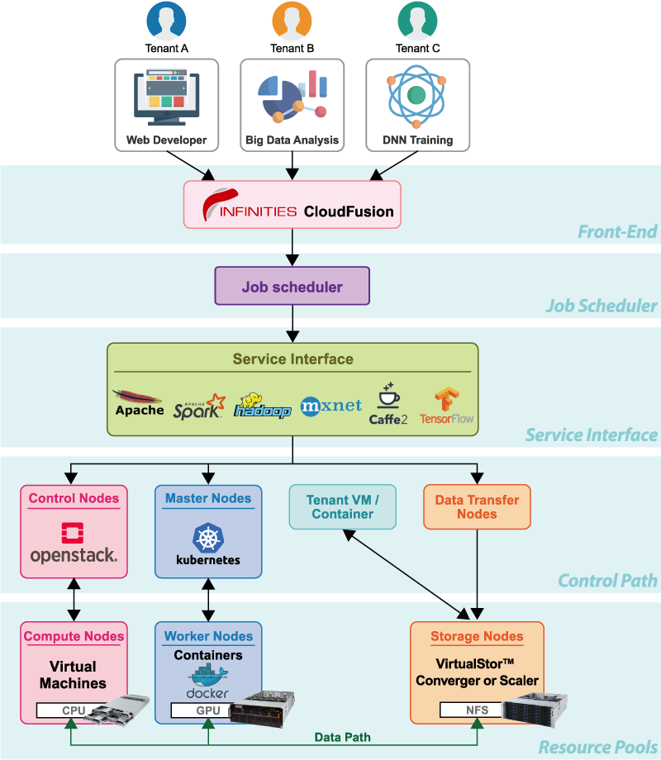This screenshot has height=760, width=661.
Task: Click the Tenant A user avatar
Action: (x=166, y=20)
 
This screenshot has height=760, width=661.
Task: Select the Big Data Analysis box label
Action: (x=292, y=140)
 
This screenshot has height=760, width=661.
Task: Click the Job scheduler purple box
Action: (x=292, y=287)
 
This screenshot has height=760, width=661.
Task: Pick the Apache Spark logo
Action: (x=198, y=405)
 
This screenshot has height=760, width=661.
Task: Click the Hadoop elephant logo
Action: (x=262, y=405)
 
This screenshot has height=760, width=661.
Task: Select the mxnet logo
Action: (x=331, y=406)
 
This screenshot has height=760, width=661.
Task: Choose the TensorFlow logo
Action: (x=446, y=406)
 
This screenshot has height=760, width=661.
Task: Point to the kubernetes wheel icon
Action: (x=208, y=538)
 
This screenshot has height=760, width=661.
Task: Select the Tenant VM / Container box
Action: (x=342, y=506)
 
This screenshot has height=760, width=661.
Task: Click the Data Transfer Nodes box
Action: (x=477, y=506)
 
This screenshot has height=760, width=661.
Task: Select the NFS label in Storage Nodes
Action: (x=470, y=710)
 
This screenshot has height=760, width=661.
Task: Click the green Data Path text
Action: (x=342, y=737)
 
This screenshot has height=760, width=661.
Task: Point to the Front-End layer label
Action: (x=617, y=232)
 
